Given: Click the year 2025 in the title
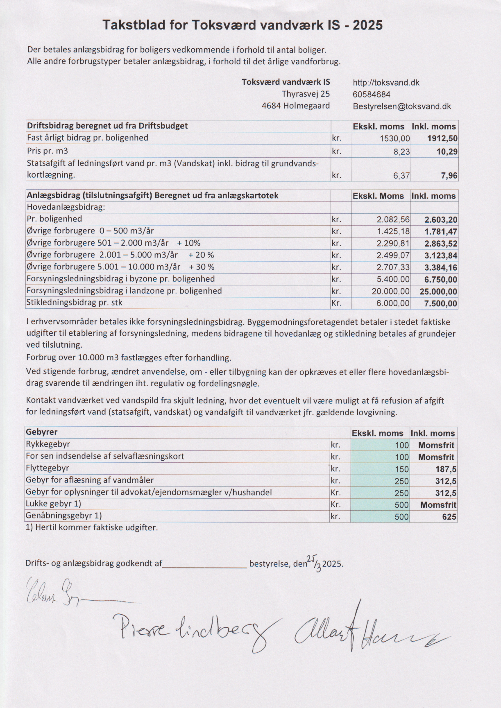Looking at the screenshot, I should [x=367, y=25].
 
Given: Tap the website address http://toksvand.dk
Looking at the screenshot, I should [x=386, y=82].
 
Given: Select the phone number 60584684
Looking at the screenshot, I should [x=371, y=94].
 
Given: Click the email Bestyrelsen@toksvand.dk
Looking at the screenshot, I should [x=401, y=106].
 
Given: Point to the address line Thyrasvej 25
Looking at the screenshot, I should [x=306, y=94].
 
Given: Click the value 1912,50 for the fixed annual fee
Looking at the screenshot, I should [x=442, y=139].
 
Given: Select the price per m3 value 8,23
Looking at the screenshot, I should [x=401, y=152].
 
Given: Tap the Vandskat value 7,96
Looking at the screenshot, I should [x=449, y=176].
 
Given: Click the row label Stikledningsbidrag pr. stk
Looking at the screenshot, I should [x=74, y=303].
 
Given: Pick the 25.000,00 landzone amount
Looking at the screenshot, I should [x=438, y=292].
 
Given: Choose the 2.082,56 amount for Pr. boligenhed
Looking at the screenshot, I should [x=393, y=220].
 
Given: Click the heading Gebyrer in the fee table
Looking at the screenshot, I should [x=41, y=432].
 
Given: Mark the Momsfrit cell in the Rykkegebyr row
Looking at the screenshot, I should [x=436, y=445].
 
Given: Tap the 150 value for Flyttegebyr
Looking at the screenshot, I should [x=401, y=469].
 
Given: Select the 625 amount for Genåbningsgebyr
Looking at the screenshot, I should [x=449, y=517].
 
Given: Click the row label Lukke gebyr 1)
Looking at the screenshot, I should [x=53, y=504].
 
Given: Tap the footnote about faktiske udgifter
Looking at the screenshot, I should [x=91, y=527].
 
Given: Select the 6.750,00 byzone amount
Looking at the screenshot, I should [x=440, y=280].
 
